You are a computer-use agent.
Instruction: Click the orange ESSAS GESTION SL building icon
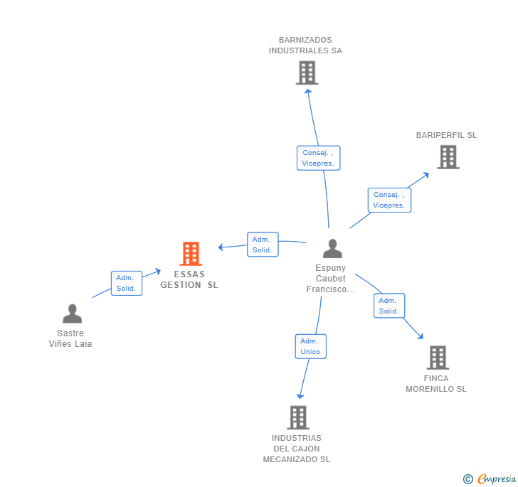(x=190, y=254)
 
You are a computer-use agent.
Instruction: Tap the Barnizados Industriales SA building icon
(x=307, y=73)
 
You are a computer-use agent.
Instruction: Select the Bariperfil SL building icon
(x=448, y=157)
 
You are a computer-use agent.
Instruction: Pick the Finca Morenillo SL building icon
(x=438, y=358)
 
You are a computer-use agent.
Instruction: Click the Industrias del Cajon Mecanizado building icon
(x=298, y=417)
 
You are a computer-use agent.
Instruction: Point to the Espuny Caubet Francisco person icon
(x=332, y=249)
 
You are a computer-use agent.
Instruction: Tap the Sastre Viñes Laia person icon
(x=72, y=314)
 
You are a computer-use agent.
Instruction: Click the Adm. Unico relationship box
(x=310, y=346)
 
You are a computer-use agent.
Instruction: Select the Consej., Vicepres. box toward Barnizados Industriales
(x=318, y=158)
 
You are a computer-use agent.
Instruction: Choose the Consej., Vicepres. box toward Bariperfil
(x=389, y=200)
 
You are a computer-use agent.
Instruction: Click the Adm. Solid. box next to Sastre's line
(x=126, y=283)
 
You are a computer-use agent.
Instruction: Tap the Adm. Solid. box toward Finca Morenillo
(x=389, y=306)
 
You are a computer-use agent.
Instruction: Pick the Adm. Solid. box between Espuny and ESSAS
(x=263, y=245)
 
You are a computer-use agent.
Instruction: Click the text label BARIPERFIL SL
(x=446, y=135)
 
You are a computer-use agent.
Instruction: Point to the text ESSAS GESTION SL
(x=189, y=279)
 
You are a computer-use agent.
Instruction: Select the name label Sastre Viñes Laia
(x=70, y=338)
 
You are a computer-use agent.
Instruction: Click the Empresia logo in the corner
(x=490, y=479)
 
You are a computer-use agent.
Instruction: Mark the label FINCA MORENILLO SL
(x=436, y=384)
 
